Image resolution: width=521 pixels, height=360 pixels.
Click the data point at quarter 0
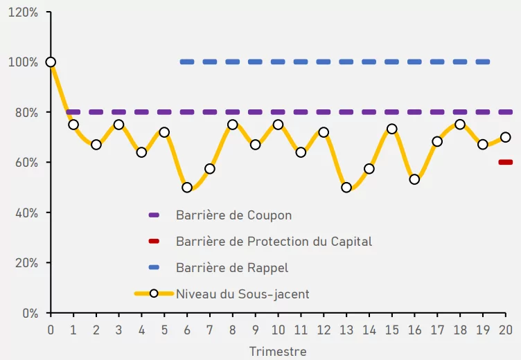(51, 62)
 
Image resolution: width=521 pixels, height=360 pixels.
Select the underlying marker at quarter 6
(187, 188)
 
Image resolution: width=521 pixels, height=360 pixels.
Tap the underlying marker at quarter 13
(346, 188)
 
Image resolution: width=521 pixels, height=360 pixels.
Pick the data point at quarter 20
(505, 137)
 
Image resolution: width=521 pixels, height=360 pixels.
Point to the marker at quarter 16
(414, 179)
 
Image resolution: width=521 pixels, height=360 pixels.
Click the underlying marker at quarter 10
(278, 125)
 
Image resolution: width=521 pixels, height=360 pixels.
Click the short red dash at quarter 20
(505, 162)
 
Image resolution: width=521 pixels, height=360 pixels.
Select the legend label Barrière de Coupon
(233, 215)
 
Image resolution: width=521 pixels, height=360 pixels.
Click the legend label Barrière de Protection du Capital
(274, 242)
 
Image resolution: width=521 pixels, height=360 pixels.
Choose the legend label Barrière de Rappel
(232, 268)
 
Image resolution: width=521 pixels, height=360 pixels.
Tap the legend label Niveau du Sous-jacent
(242, 294)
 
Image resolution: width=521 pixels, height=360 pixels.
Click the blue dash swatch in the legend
(154, 268)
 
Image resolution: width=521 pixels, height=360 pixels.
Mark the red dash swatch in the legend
(154, 242)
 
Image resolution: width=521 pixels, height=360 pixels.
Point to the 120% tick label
(23, 12)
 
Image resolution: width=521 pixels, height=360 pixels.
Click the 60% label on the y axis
(26, 163)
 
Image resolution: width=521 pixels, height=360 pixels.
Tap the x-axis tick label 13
(346, 329)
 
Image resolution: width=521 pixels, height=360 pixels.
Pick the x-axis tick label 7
(210, 329)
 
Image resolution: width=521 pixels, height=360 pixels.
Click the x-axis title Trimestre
(278, 351)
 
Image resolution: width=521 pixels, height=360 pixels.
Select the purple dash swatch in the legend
(154, 215)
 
